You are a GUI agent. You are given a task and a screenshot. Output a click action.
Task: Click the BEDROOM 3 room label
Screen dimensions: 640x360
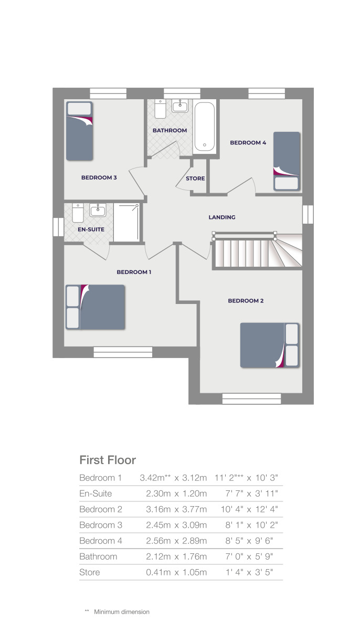tap(99, 177)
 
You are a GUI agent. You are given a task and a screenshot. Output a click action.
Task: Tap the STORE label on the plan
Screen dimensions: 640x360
tap(195, 179)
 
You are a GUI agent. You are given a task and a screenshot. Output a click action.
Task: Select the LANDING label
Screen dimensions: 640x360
tap(222, 217)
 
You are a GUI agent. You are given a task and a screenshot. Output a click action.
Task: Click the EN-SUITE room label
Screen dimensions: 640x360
tap(91, 229)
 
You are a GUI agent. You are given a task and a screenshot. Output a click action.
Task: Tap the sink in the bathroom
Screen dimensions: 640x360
tap(180, 105)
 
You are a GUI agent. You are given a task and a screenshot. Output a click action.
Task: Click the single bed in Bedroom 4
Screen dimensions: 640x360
tap(286, 161)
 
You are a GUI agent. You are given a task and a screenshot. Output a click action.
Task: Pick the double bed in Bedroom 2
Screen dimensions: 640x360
tap(269, 345)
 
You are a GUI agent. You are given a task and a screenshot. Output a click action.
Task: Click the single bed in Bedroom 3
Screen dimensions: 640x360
tap(79, 131)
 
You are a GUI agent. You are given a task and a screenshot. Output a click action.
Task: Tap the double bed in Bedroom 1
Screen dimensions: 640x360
tap(95, 307)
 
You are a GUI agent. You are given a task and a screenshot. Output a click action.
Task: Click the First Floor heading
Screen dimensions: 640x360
tap(108, 460)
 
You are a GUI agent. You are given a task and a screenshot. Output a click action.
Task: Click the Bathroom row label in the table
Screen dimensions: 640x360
tap(98, 557)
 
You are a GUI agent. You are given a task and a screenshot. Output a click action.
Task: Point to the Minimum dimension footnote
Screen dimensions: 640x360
tap(121, 612)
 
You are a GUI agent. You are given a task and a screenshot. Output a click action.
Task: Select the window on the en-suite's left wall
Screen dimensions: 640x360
tap(58, 227)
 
